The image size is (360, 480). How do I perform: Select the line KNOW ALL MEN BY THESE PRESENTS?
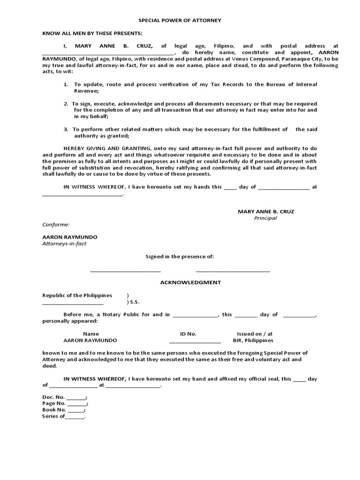[92, 33]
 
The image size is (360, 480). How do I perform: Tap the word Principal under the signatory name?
[265, 218]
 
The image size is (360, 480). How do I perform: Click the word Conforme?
[56, 225]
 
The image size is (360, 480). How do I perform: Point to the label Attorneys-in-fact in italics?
[64, 244]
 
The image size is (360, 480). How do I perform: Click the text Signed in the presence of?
[180, 256]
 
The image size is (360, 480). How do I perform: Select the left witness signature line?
[125, 271]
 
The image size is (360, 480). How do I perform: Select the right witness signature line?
[232, 271]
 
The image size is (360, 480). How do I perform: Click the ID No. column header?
[188, 334]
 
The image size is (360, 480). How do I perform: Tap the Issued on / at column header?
[254, 334]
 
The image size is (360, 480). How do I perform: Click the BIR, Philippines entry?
[253, 340]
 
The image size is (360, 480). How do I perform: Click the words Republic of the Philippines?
[77, 295]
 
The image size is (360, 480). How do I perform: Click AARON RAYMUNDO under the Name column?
[90, 340]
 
